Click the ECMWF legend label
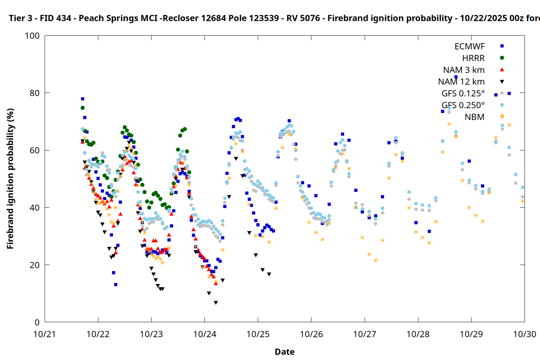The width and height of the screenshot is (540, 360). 469,46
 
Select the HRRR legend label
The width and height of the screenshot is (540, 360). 473,58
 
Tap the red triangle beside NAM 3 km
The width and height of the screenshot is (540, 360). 502,70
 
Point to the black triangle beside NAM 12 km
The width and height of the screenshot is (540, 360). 502,82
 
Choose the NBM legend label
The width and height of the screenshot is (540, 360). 474,117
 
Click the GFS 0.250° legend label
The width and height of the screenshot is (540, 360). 463,105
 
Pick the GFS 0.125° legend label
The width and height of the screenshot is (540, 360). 463,94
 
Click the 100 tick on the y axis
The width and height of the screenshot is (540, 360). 32,36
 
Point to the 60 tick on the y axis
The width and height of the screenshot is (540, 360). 35,150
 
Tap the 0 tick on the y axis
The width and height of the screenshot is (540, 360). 37,323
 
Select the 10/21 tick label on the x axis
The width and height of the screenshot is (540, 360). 45,334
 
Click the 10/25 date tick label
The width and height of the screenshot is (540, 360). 258,334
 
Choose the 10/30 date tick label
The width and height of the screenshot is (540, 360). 525,334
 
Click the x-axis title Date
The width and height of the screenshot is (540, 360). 284,352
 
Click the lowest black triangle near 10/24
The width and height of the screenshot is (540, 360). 216,303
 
